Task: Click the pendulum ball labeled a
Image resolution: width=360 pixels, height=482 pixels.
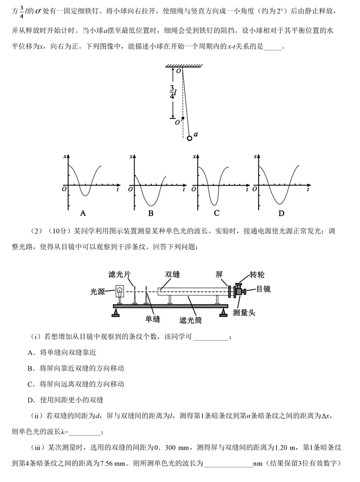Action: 190,137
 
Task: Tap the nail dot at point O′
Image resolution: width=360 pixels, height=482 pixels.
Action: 183,118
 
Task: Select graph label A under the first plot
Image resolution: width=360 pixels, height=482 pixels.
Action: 83,213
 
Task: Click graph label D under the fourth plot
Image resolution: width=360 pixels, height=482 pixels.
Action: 281,213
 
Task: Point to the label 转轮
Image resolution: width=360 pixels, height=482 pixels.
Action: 257,275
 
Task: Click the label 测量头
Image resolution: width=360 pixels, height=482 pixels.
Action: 244,313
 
